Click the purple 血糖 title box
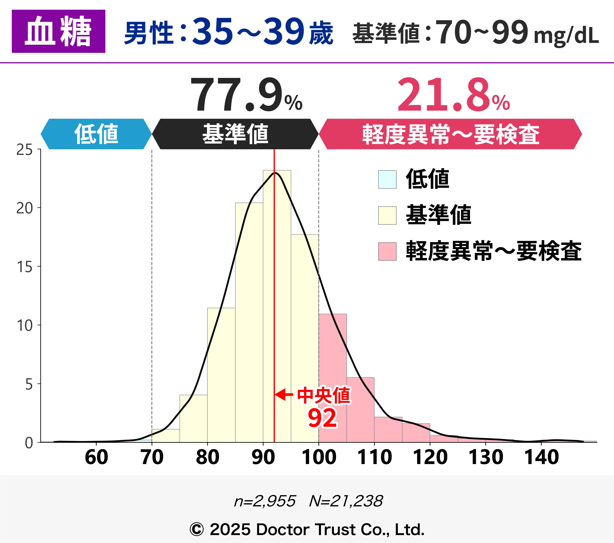click(x=59, y=31)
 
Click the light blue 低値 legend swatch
click(x=387, y=179)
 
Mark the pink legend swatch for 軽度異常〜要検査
click(x=387, y=251)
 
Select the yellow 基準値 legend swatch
click(x=387, y=215)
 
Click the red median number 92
click(x=322, y=418)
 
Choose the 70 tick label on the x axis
click(x=152, y=458)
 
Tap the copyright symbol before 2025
click(x=197, y=529)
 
